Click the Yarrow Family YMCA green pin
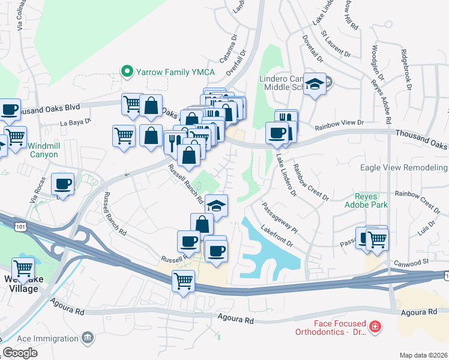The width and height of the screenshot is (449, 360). (127, 71)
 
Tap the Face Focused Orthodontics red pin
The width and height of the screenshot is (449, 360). (375, 327)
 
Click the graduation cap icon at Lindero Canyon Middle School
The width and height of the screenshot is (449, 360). (314, 84)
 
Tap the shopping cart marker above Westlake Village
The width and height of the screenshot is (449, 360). (23, 268)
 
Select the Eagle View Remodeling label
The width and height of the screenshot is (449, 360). (404, 168)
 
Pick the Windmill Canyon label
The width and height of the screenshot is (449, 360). (43, 150)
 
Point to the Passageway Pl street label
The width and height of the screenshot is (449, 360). (279, 217)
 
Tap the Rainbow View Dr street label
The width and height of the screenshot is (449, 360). (340, 123)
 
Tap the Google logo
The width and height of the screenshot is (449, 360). (20, 353)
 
